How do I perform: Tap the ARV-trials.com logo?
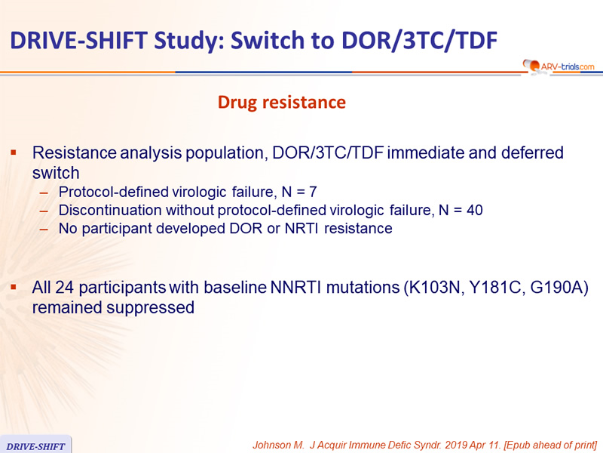coord(559,66)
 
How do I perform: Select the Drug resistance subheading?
coord(281,103)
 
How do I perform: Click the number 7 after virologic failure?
coord(313,192)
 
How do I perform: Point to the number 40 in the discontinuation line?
coord(475,211)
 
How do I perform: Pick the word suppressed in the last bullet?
coord(150,308)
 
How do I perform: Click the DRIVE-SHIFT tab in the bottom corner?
coord(35,445)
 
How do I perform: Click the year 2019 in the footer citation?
coord(457,445)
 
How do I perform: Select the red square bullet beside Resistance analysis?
coord(14,153)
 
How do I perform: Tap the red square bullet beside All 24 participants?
coord(14,288)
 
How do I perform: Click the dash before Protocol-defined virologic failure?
coord(44,193)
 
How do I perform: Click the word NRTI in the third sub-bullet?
coord(301,229)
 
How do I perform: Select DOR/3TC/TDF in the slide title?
coord(420,40)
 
